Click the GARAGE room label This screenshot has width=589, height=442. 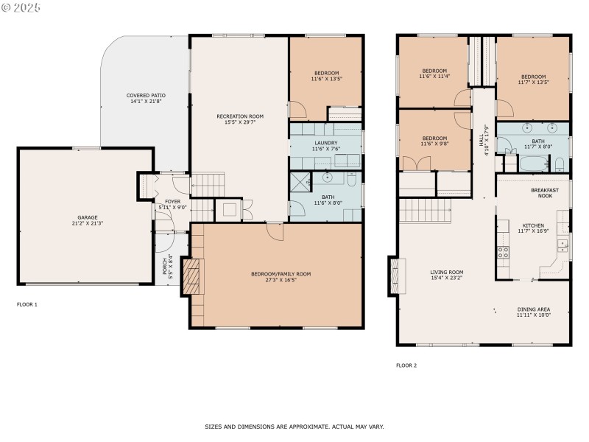pos(87,217)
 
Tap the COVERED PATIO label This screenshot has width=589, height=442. pos(145,95)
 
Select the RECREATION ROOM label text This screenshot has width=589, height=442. pos(239,116)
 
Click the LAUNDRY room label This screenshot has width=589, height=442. pos(325,143)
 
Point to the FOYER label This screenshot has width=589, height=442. pos(172,201)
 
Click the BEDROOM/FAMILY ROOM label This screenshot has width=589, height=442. pos(281,274)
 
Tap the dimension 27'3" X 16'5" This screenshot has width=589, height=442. pos(281,280)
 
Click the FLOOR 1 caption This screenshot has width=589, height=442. pos(27,304)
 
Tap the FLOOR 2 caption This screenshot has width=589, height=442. pos(406,365)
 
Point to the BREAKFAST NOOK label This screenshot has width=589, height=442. pos(545,193)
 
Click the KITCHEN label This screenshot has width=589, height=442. pos(534,225)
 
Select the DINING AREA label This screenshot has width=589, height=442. pos(534,309)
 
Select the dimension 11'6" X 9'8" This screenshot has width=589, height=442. pos(434,144)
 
